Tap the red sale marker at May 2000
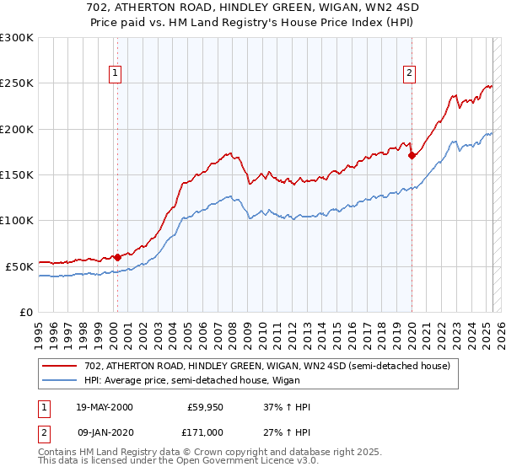(117, 257)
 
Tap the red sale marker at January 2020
(412, 155)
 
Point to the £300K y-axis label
(17, 38)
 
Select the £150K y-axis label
(17, 174)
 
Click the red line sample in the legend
(61, 366)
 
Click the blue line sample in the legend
(61, 380)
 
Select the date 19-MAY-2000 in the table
(105, 407)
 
